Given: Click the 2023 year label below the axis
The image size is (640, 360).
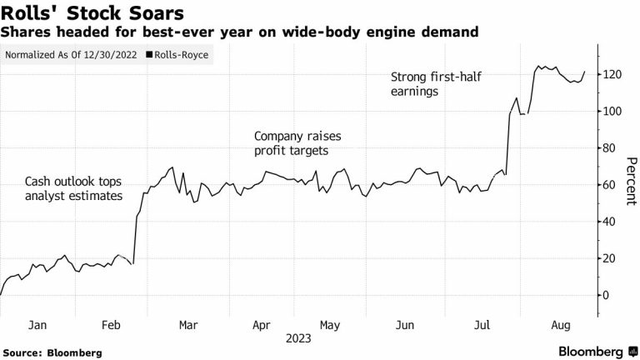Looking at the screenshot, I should click(x=298, y=338).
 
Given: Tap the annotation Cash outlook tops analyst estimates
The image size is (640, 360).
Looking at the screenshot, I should click(x=73, y=188).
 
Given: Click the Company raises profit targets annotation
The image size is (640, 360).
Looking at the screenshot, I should click(x=297, y=143).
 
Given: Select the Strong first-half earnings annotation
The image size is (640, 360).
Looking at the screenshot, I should click(x=431, y=85).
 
